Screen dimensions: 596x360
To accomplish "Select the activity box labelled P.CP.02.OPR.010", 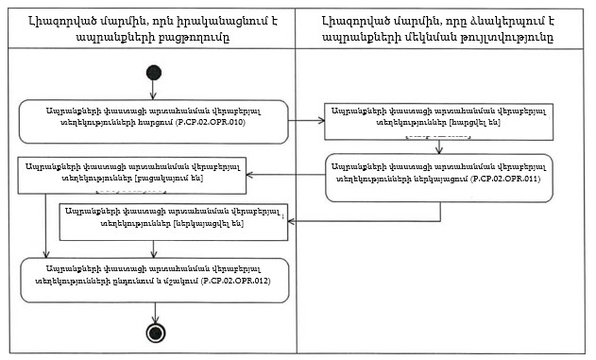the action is [153, 121].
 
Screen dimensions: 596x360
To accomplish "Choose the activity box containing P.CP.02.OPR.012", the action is [153, 281].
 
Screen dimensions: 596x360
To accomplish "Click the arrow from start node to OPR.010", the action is [154, 91].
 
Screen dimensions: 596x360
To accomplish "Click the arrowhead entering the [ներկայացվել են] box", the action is [288, 219].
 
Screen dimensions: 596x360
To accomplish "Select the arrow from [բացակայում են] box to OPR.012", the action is [46, 227].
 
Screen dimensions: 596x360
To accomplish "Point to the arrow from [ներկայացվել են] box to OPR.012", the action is [154, 247].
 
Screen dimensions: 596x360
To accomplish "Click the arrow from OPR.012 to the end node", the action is [153, 313].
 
